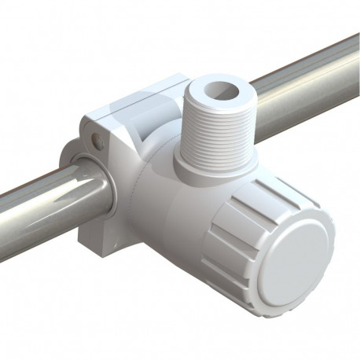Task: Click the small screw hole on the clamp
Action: (x=97, y=142)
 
